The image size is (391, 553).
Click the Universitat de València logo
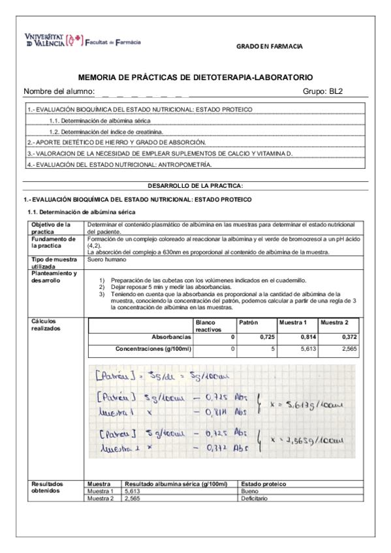[63, 40]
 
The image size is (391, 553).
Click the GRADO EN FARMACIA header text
[268, 47]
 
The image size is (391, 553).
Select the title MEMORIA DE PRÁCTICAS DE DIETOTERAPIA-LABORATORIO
[195, 76]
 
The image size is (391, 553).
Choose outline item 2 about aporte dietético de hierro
[117, 142]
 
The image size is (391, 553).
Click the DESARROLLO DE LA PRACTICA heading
[195, 186]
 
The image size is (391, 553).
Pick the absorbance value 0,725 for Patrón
[267, 337]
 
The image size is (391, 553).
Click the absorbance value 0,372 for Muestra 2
[349, 337]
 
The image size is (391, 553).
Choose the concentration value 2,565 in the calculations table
[349, 349]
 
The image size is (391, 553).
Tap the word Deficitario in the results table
[255, 498]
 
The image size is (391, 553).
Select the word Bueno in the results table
[249, 491]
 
